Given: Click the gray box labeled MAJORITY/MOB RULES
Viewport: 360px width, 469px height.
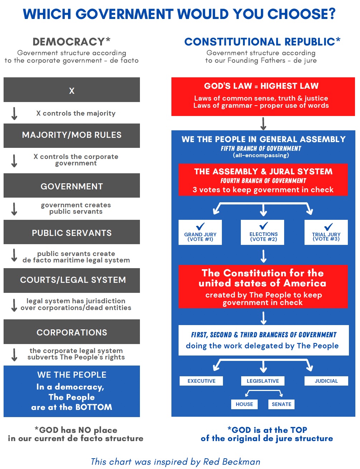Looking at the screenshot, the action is coord(72,136).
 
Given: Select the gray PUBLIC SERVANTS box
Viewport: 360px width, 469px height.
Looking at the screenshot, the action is coord(72,232).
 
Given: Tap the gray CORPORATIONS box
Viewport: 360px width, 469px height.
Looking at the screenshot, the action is coord(72,332).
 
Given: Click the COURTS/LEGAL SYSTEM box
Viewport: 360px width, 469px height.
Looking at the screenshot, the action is coord(72,281).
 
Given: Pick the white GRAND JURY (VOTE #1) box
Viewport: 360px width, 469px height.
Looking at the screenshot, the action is coord(200,232).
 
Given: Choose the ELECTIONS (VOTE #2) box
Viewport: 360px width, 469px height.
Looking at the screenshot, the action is coord(263,232).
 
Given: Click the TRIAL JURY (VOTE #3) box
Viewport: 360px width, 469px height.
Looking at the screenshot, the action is coord(326,232).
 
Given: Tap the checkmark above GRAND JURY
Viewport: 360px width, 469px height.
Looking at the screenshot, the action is coord(200,226).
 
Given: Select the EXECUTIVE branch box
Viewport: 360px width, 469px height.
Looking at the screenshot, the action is coord(201,381).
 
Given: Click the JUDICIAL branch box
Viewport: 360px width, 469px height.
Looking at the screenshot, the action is coord(326,381).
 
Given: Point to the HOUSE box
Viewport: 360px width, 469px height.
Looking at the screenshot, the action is coord(244,404).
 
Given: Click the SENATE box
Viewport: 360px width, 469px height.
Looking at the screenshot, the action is coord(282,404).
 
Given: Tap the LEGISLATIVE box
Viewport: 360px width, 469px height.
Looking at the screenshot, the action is coord(263,381).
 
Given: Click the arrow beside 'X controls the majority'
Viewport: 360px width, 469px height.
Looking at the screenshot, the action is coord(14,113).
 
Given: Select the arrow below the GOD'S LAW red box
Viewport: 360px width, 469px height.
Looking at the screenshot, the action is coord(263,124).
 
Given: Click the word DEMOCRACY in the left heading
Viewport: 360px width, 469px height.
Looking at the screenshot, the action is coord(69,42).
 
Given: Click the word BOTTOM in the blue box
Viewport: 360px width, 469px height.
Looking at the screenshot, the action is coord(94,407).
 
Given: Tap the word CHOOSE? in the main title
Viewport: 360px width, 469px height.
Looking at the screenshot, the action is coord(302,14).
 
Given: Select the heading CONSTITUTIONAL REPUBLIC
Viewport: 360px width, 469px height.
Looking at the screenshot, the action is coord(260,42).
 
